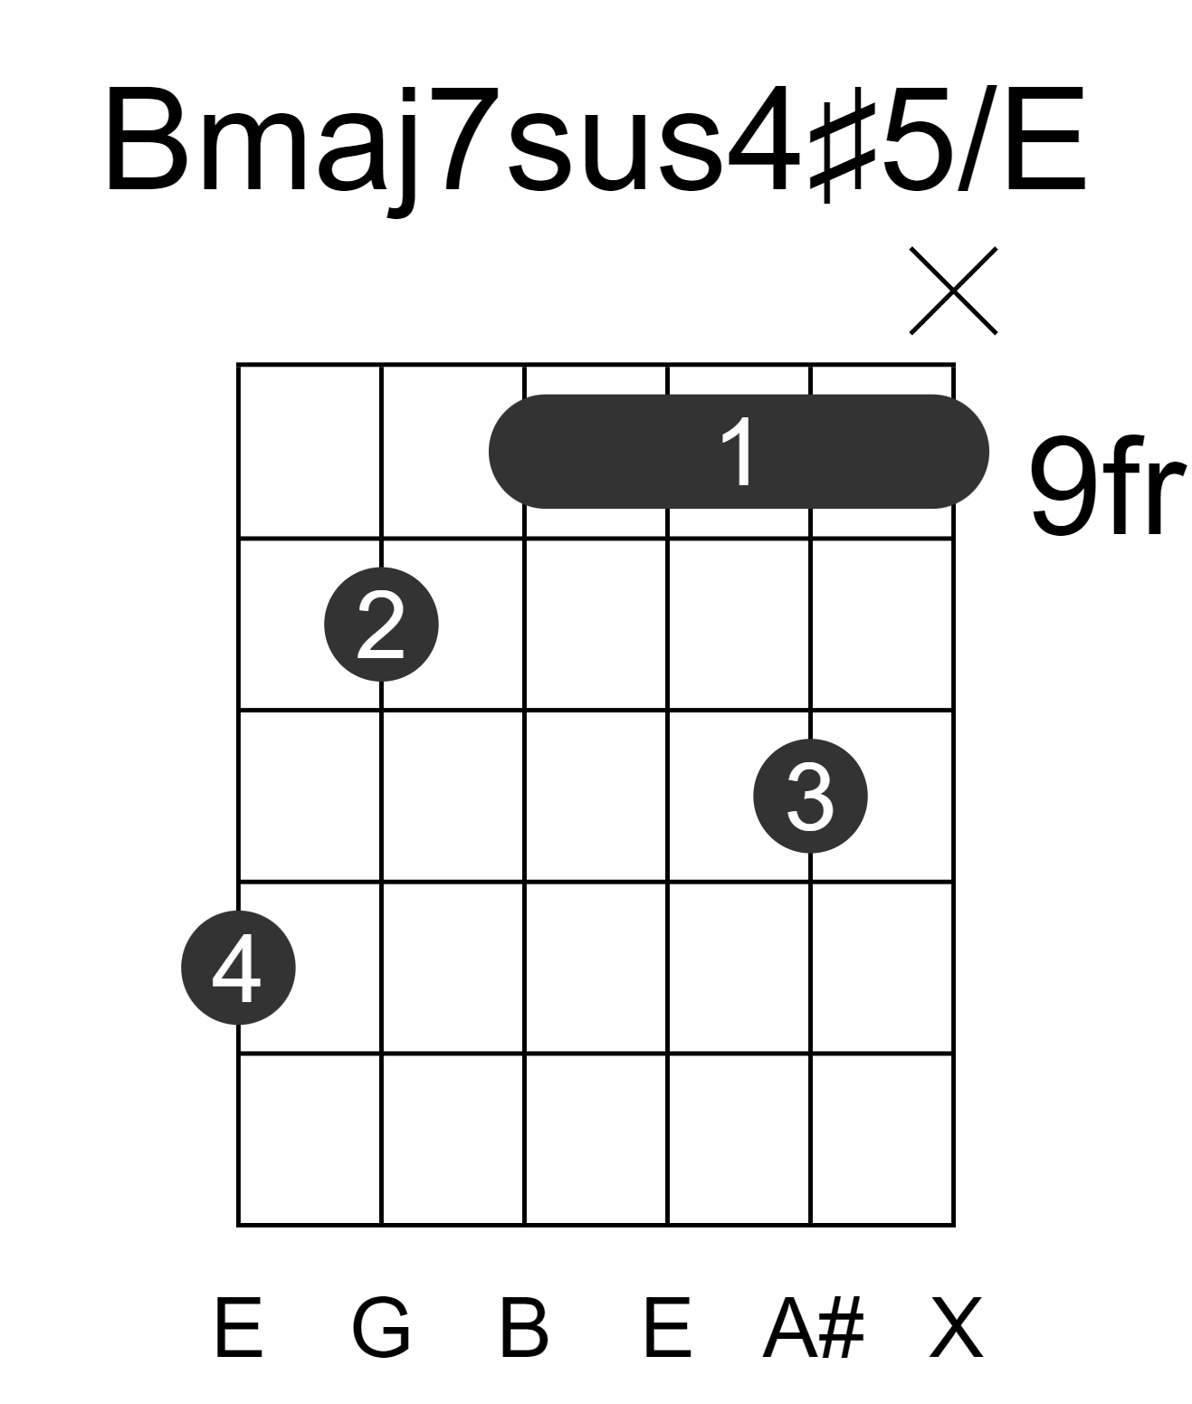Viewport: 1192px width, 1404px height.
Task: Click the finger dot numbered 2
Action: click(381, 625)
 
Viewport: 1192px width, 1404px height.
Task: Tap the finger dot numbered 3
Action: click(810, 796)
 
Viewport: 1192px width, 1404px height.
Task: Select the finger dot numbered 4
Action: click(238, 968)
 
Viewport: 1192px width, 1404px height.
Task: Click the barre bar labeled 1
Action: click(739, 452)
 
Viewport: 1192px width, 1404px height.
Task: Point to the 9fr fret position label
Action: click(1107, 486)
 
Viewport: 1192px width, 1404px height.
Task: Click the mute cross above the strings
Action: click(954, 291)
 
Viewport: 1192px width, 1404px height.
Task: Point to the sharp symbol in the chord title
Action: click(842, 144)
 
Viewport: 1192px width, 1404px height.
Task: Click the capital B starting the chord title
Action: click(146, 139)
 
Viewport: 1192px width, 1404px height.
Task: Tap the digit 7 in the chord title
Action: click(470, 139)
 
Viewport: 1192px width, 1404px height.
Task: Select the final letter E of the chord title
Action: click(1046, 139)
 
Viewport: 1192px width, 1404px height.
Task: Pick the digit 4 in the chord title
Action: click(764, 139)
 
